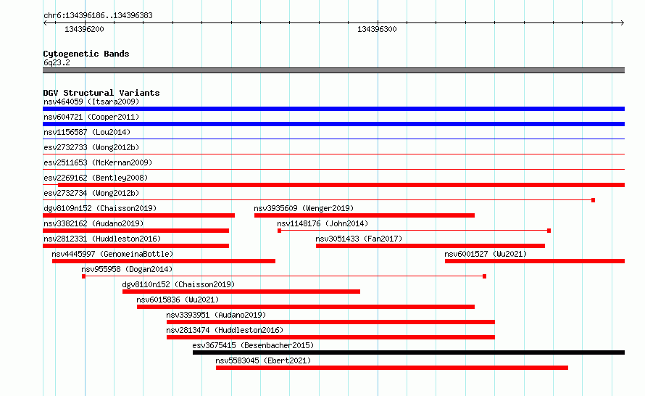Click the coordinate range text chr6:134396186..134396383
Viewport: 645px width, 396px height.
coord(98,16)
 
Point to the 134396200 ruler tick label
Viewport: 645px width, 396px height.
coord(84,29)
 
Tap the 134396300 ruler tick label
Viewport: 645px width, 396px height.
coord(377,29)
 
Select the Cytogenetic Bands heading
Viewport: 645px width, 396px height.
coord(86,54)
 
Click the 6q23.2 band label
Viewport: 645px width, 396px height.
coord(57,62)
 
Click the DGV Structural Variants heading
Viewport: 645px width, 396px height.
coord(101,93)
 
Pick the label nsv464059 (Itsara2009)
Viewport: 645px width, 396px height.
coord(91,102)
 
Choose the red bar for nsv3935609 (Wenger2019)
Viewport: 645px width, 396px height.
coord(365,215)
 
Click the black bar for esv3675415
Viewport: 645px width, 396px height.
coord(409,352)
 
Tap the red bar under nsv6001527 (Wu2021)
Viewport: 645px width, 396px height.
coord(535,261)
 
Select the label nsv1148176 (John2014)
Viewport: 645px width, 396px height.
coord(322,223)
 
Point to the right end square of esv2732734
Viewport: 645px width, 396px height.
coord(593,200)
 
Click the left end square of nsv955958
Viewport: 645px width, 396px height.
coord(83,276)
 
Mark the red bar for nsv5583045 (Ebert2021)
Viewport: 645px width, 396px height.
coord(392,368)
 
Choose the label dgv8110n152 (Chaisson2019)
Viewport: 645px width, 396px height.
coord(178,284)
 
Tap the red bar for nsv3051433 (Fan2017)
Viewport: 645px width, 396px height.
coord(430,246)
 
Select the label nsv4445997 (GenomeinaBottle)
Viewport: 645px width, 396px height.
coord(113,254)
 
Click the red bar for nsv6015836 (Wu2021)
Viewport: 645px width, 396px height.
coord(306,307)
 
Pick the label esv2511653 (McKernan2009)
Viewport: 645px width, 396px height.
coord(98,162)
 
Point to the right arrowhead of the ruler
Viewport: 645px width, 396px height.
coord(623,23)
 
